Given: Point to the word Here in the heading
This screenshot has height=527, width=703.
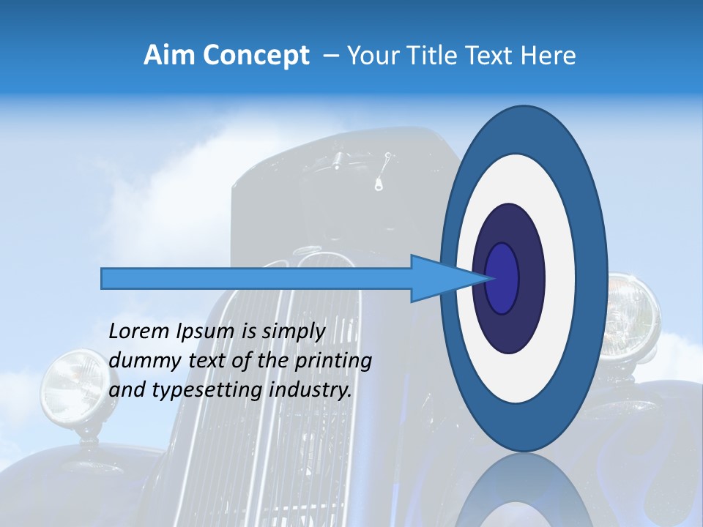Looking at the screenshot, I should pyautogui.click(x=548, y=56).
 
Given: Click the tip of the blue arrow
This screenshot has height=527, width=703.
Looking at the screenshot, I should pyautogui.click(x=489, y=278).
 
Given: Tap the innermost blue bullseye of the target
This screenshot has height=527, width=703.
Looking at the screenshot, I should pyautogui.click(x=502, y=278).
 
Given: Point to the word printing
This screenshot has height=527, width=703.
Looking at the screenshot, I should pyautogui.click(x=333, y=362).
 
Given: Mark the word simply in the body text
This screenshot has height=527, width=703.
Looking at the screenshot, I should pyautogui.click(x=294, y=332).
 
